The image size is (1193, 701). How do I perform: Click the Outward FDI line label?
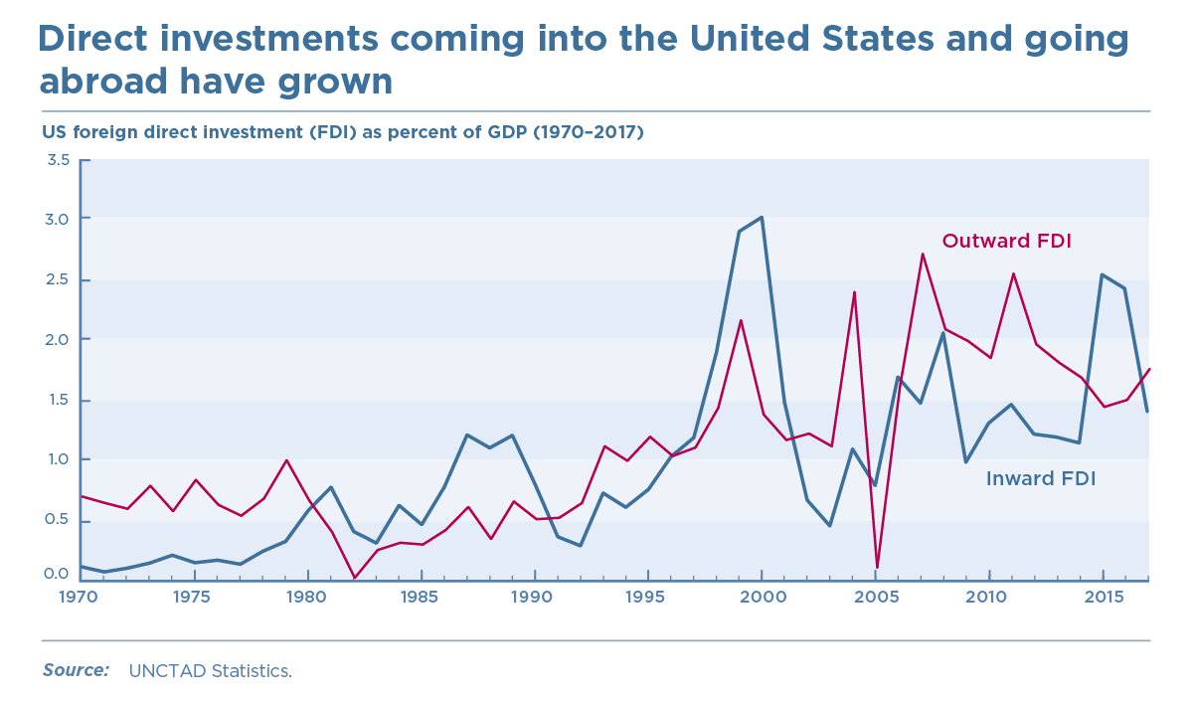(x=1006, y=241)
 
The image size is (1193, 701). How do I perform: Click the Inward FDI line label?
(x=1040, y=478)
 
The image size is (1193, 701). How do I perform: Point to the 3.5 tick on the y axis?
(x=58, y=160)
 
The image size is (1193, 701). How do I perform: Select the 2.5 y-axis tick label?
(x=58, y=279)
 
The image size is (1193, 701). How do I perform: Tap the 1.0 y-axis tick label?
(x=58, y=459)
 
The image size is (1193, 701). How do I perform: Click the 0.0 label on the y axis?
(x=58, y=574)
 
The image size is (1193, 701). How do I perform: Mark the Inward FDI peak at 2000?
(x=762, y=217)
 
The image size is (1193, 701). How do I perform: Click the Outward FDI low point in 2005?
(x=877, y=567)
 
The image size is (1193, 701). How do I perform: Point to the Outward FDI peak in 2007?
(x=922, y=254)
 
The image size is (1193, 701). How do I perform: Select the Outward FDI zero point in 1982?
(x=354, y=578)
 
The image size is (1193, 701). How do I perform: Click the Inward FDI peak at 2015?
(x=1103, y=274)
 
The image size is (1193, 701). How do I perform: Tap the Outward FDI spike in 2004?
(x=854, y=292)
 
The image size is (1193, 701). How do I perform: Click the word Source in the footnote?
(x=76, y=670)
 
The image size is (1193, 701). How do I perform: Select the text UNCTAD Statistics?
(x=210, y=671)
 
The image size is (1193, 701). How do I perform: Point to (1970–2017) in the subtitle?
(x=589, y=132)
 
